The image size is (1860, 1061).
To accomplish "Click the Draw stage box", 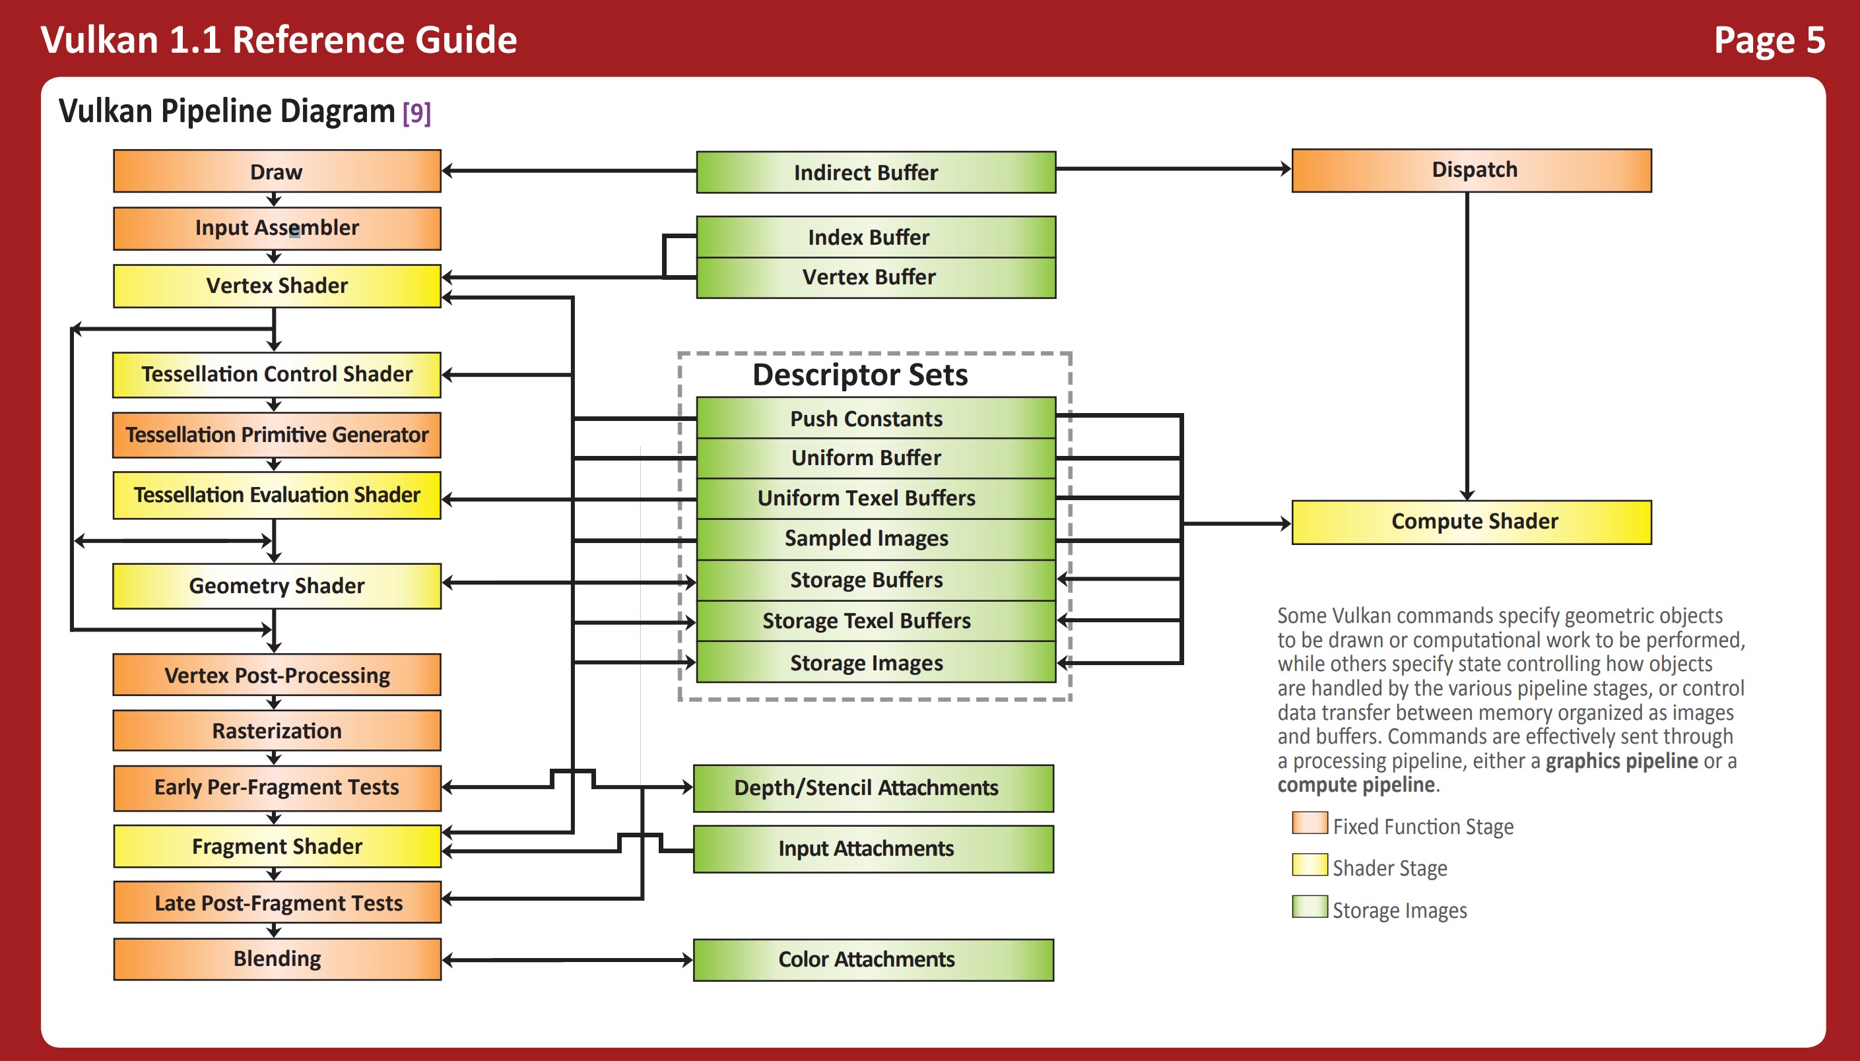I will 277,172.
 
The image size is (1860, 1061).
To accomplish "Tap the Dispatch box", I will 1471,170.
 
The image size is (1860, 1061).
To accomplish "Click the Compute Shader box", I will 1471,522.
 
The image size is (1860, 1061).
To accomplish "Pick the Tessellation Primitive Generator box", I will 277,435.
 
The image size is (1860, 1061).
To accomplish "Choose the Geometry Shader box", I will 277,586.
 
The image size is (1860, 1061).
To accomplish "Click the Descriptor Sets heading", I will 860,375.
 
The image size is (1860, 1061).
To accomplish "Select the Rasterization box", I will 277,731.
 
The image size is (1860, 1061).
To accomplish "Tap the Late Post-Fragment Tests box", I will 277,903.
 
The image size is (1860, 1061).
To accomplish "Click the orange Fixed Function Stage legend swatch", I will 1309,823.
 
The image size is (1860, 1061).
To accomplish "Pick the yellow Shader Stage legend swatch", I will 1309,865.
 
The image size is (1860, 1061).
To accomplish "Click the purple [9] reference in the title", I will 416,113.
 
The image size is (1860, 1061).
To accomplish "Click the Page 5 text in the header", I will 1768,40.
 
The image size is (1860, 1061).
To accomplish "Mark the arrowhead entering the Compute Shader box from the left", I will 1285,523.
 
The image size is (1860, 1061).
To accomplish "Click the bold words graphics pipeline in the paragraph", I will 1621,761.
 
